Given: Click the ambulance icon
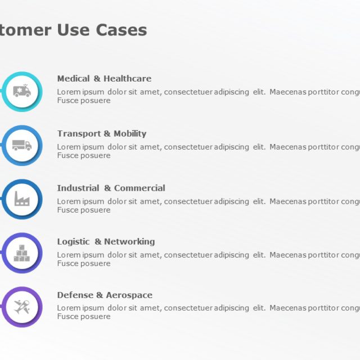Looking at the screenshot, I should click(x=22, y=91).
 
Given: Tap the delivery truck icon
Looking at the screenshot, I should click(x=22, y=145).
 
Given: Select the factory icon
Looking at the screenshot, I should click(x=22, y=199).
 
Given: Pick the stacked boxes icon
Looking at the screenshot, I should click(x=22, y=253).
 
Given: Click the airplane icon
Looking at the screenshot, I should click(x=22, y=307).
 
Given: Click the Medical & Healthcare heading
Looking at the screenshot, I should click(x=104, y=79).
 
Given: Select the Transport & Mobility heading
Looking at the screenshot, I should click(x=101, y=134).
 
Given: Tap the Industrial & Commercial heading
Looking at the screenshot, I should click(x=111, y=188).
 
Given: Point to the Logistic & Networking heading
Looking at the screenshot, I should click(x=106, y=242).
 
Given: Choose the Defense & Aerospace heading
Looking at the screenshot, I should click(x=105, y=295).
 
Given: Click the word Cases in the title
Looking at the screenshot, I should click(x=121, y=30).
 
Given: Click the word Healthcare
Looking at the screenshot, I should click(x=127, y=79).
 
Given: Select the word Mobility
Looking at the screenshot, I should click(x=130, y=134).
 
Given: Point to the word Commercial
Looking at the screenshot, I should click(x=139, y=188).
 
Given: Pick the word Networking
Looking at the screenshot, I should click(x=129, y=242).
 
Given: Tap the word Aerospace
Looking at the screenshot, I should click(x=129, y=295).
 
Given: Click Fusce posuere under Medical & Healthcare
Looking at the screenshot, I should click(x=84, y=101).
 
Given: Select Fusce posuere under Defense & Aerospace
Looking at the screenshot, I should click(x=84, y=317).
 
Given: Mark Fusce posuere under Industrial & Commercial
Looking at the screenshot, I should click(x=84, y=210).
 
